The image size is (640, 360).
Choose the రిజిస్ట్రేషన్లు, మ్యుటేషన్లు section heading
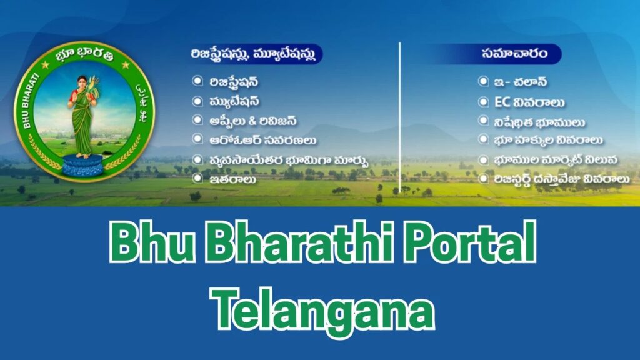(x=257, y=54)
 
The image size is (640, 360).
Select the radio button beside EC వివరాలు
(x=483, y=102)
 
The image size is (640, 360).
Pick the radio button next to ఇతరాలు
(x=197, y=178)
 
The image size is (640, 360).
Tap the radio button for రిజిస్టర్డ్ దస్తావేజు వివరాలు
(x=483, y=179)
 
